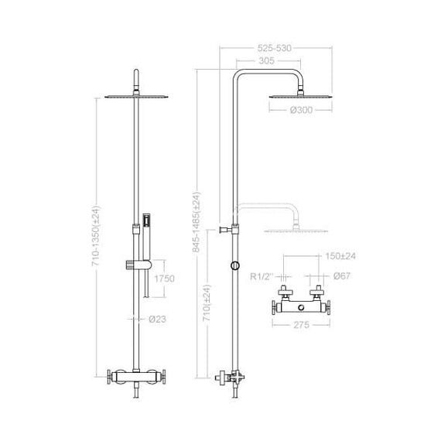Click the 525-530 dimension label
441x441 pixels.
(274, 48)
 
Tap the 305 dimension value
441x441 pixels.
(266, 60)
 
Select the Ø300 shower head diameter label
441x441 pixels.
(301, 110)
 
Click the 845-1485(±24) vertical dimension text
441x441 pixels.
(197, 222)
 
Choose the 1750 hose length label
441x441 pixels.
(165, 279)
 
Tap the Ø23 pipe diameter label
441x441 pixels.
(157, 319)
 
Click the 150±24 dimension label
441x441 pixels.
(340, 256)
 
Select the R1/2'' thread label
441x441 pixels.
(262, 276)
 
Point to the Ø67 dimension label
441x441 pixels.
(342, 276)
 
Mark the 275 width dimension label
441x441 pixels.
(301, 325)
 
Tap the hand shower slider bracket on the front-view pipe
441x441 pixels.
(138, 265)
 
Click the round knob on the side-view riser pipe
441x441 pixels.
(235, 265)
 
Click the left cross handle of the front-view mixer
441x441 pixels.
(109, 377)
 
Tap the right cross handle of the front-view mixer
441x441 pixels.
(163, 377)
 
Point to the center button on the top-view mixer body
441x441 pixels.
(302, 308)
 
